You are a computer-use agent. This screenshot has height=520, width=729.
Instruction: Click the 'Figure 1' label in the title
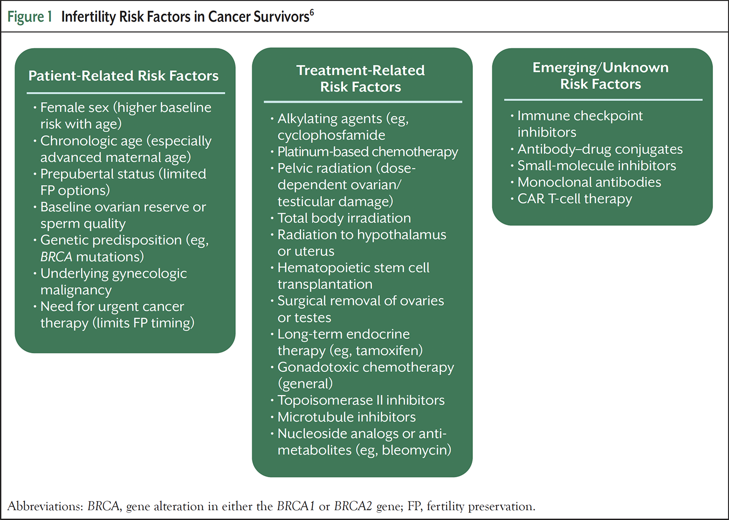pyautogui.click(x=30, y=17)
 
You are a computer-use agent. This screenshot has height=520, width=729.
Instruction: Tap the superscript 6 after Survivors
pyautogui.click(x=312, y=13)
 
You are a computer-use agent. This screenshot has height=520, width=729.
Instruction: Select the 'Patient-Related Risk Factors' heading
pyautogui.click(x=123, y=76)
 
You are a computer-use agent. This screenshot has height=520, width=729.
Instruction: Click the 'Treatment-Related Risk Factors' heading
pyautogui.click(x=361, y=79)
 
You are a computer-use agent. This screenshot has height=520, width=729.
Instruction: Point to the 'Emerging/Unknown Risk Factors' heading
pyautogui.click(x=601, y=76)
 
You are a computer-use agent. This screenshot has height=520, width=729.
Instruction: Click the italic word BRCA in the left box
pyautogui.click(x=56, y=257)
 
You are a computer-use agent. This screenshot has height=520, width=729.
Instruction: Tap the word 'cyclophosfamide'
pyautogui.click(x=331, y=135)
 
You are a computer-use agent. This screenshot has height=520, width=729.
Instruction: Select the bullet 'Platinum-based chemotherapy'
pyautogui.click(x=367, y=152)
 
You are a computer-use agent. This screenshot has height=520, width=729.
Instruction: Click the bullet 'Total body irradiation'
pyautogui.click(x=344, y=218)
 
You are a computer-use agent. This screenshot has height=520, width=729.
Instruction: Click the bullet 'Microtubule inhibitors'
pyautogui.click(x=347, y=417)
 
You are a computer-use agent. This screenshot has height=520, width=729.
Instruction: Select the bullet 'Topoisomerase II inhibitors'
pyautogui.click(x=361, y=400)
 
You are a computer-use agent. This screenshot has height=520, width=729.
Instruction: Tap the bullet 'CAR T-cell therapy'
pyautogui.click(x=574, y=199)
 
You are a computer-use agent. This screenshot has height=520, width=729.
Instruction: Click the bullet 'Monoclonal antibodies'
pyautogui.click(x=589, y=182)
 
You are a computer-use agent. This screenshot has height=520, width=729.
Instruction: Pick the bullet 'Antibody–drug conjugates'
pyautogui.click(x=600, y=149)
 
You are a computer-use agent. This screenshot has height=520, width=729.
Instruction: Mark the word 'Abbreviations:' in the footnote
pyautogui.click(x=46, y=506)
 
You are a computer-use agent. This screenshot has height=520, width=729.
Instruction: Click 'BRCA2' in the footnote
pyautogui.click(x=353, y=506)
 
